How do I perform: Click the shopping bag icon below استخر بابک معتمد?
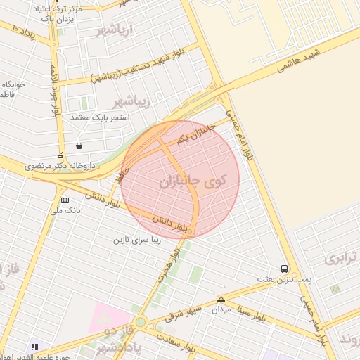click(78, 146)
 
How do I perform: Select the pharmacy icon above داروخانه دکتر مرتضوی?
click(59, 155)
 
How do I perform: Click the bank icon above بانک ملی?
click(65, 199)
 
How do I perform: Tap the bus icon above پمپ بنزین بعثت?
click(284, 269)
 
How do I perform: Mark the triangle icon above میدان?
click(221, 298)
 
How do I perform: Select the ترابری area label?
click(342, 258)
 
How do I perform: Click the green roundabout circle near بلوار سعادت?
click(141, 323)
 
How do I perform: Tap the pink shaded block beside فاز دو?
click(110, 318)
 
